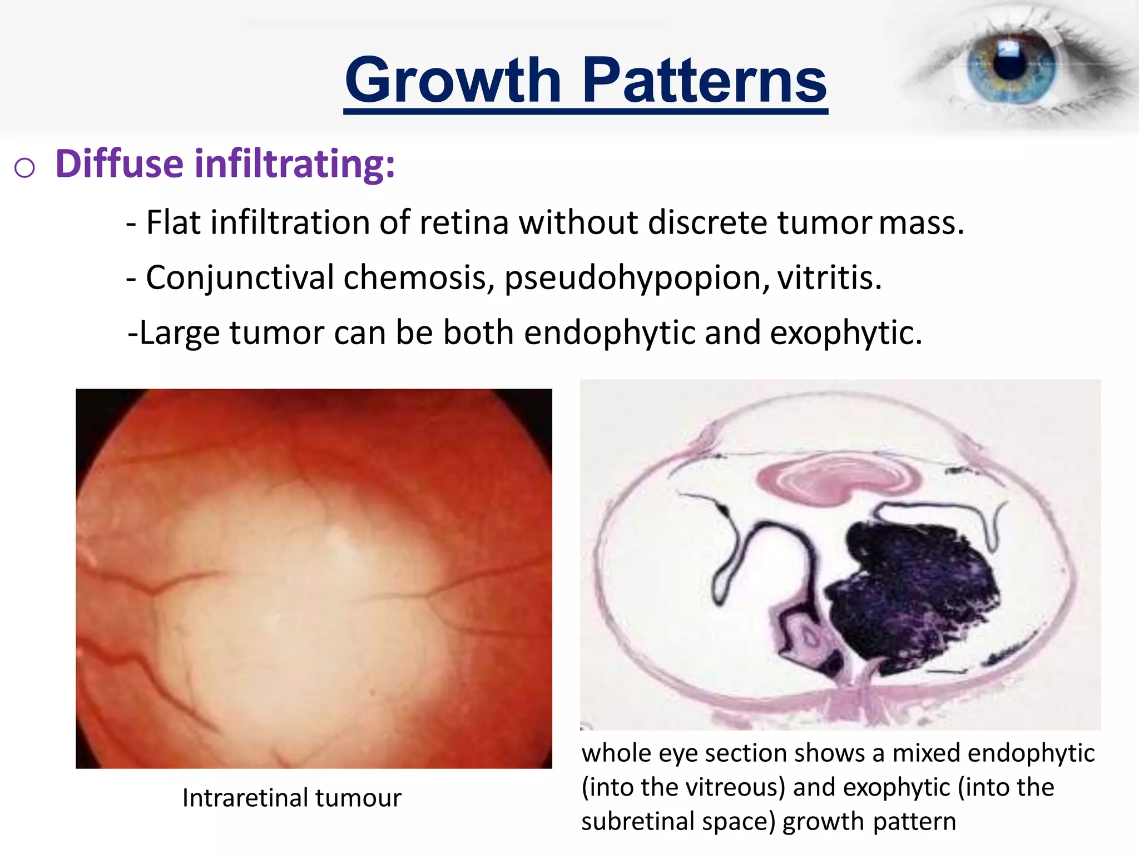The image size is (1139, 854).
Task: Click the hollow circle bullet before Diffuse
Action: [x=25, y=167]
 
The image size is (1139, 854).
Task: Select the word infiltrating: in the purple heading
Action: [x=294, y=164]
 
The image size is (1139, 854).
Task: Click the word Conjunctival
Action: [x=239, y=278]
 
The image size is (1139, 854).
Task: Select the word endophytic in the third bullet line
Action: [x=610, y=333]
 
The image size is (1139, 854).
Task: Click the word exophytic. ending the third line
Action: [x=846, y=333]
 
